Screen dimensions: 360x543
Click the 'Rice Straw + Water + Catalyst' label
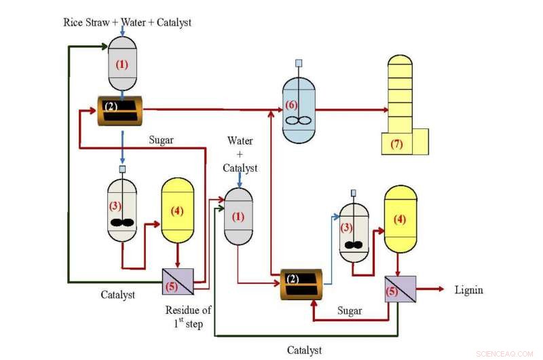click(127, 22)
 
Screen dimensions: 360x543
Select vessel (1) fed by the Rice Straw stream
click(122, 65)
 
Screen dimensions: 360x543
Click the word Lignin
click(469, 290)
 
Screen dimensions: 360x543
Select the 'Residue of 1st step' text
click(188, 317)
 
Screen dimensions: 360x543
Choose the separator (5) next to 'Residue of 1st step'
click(178, 281)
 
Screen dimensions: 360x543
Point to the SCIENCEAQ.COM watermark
click(504, 353)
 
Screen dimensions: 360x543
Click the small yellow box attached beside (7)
click(420, 141)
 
